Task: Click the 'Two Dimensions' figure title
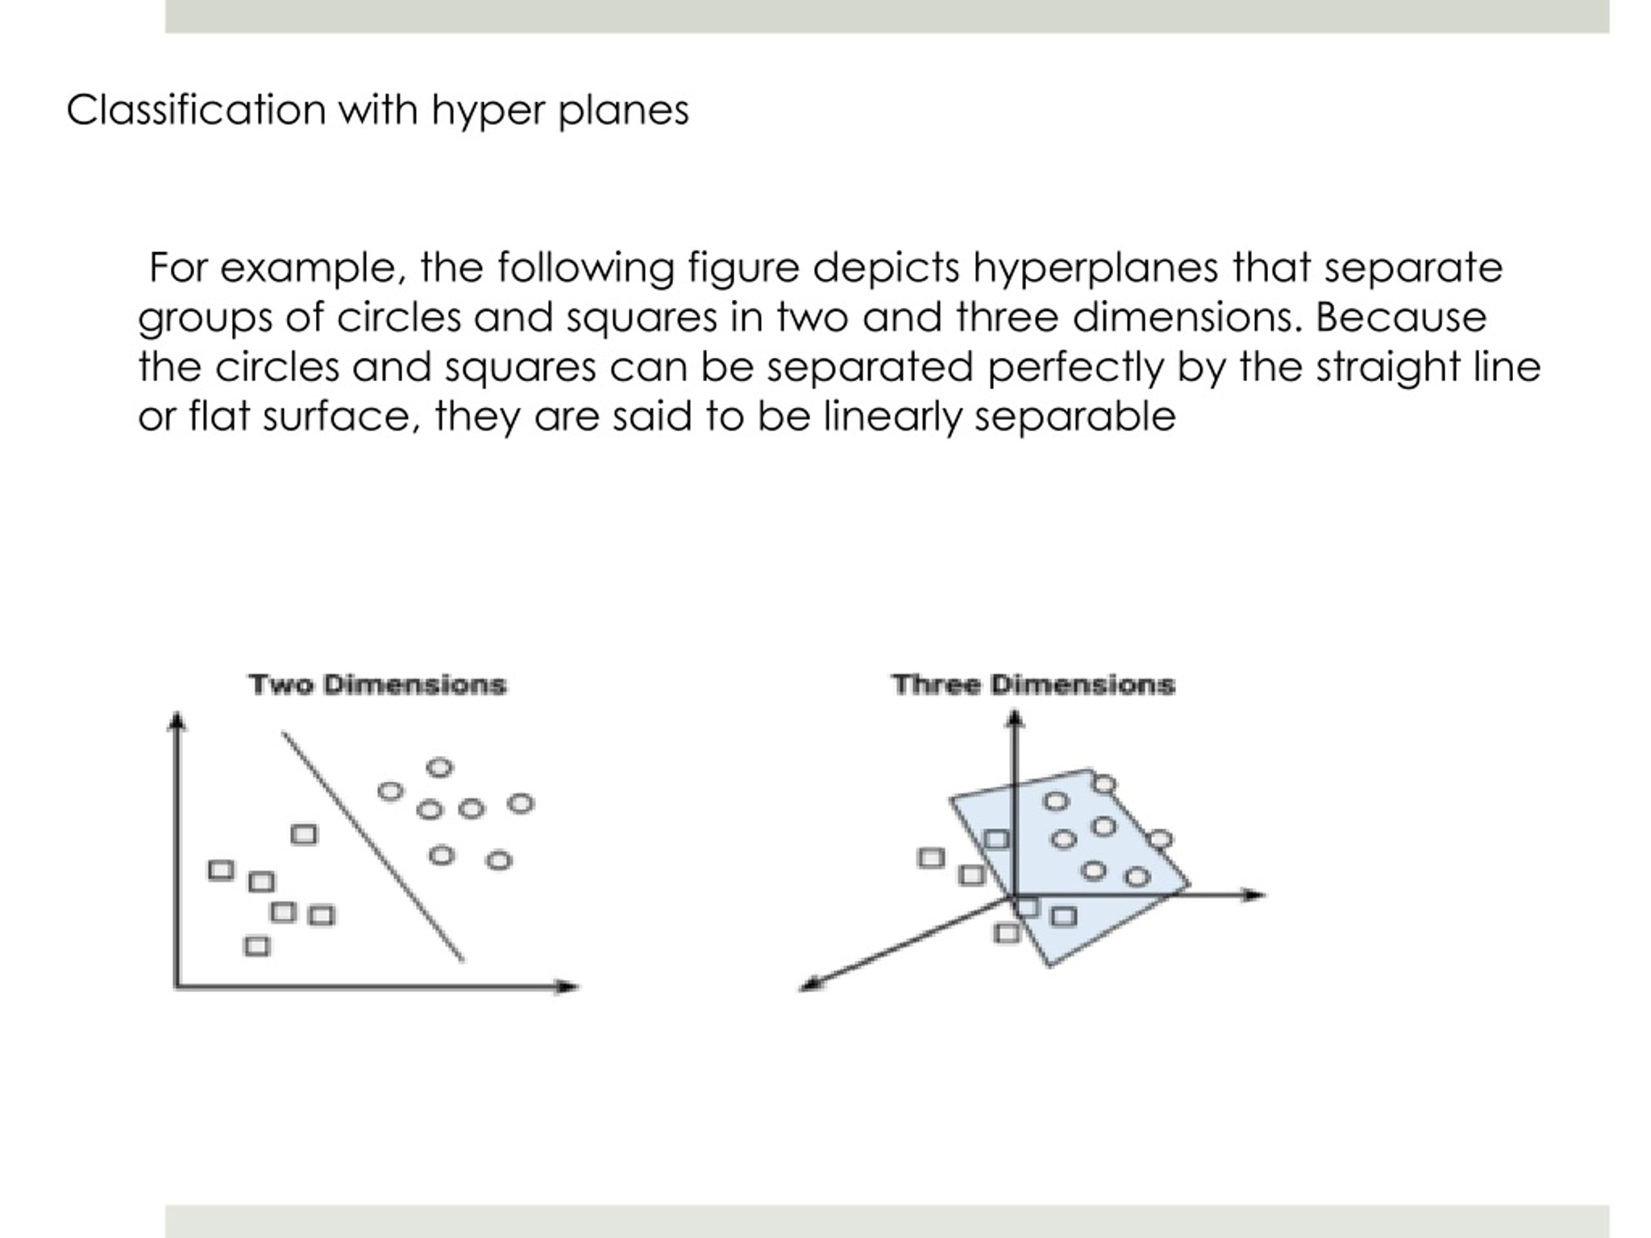(x=378, y=684)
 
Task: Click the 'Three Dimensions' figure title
(x=1034, y=684)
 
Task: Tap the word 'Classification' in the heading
(x=196, y=110)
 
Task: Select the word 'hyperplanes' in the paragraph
(x=1096, y=268)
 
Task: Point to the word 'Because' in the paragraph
(x=1401, y=317)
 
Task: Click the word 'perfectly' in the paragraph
(x=1076, y=367)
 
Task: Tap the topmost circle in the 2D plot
(x=440, y=767)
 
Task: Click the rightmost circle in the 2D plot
(x=520, y=803)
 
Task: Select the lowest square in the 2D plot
(x=257, y=946)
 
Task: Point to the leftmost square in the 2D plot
(x=220, y=870)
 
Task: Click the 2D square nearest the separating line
(x=304, y=834)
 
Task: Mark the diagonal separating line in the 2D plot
(x=373, y=846)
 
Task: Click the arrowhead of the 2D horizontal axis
(x=569, y=987)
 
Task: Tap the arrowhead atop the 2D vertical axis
(x=177, y=720)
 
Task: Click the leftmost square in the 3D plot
(x=931, y=858)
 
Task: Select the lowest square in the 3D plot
(x=1007, y=933)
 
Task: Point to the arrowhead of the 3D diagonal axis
(x=811, y=985)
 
